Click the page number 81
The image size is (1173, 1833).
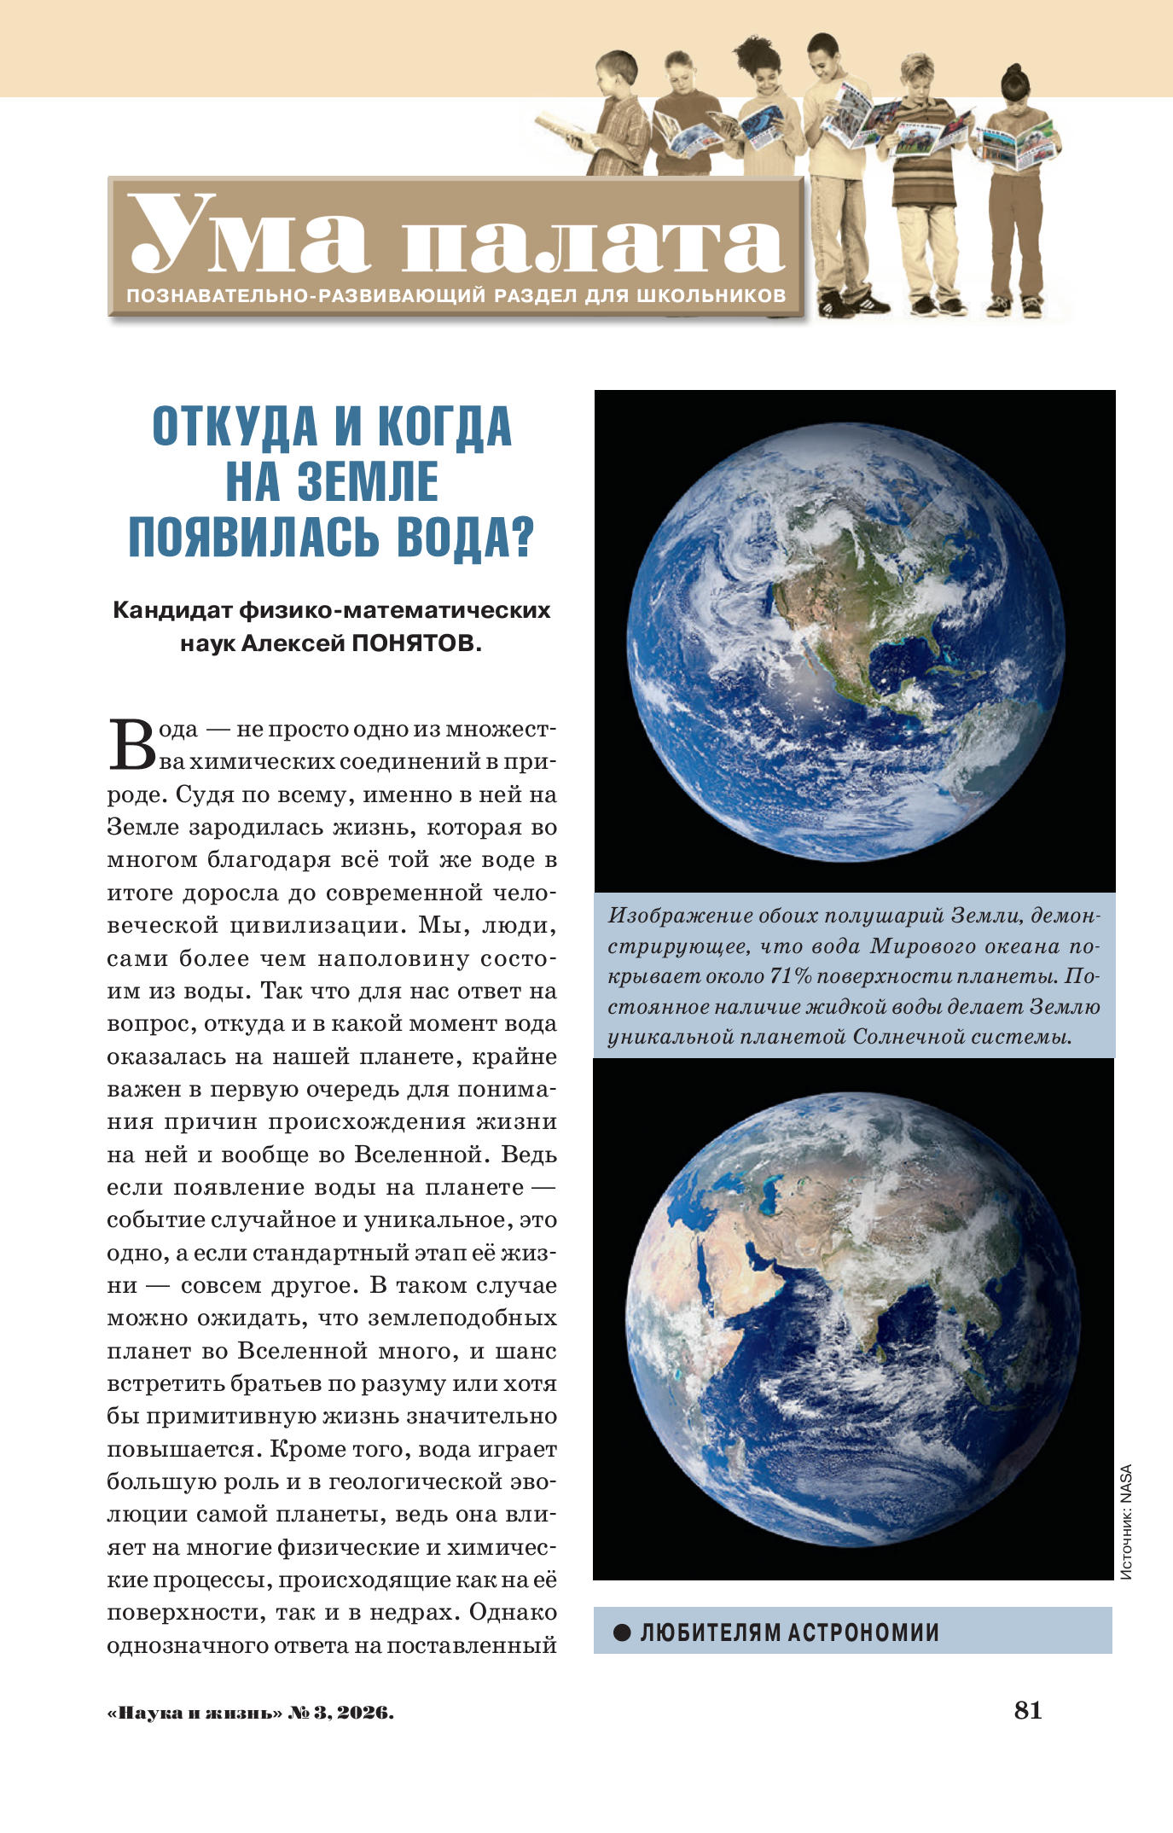tap(1028, 1710)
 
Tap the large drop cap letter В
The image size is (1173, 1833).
tap(131, 745)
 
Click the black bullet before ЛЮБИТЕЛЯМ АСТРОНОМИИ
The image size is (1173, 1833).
tap(622, 1632)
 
